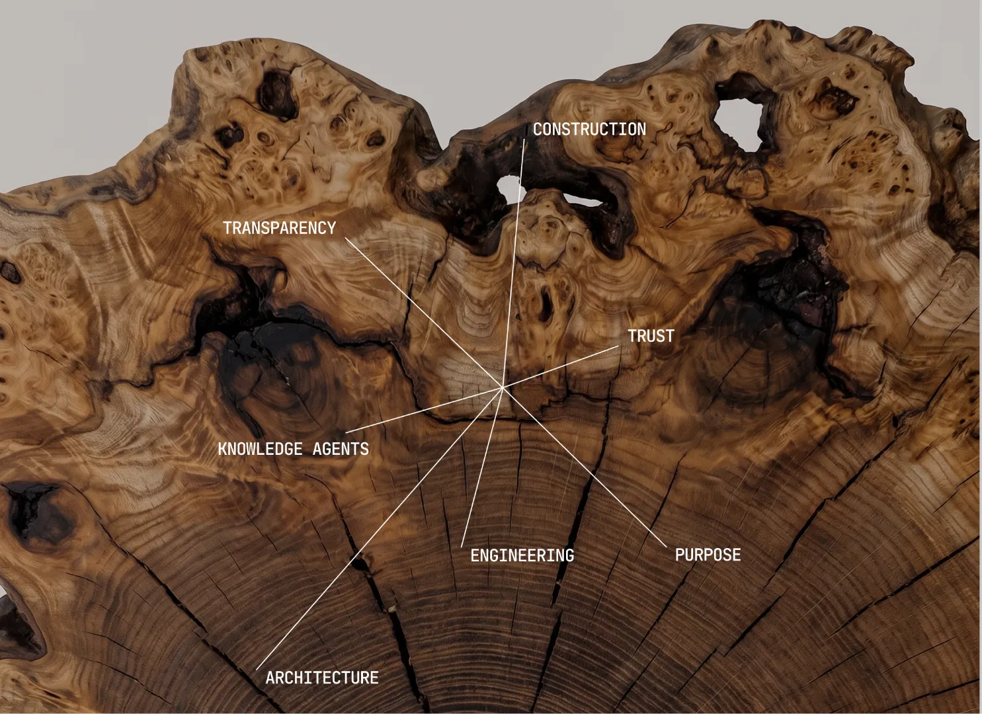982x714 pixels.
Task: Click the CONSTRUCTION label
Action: (x=589, y=130)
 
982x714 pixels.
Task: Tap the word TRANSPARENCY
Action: (x=279, y=228)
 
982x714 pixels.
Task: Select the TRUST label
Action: (x=651, y=337)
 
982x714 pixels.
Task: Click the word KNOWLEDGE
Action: (x=260, y=449)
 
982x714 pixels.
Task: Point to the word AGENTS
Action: (x=341, y=449)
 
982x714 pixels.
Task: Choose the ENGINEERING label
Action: (x=522, y=555)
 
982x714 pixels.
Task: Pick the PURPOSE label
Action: (x=708, y=555)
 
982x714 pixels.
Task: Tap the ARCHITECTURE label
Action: (x=322, y=678)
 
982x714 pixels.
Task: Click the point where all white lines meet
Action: (x=502, y=387)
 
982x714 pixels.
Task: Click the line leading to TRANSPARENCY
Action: (x=423, y=313)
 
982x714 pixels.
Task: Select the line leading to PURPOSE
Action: (x=584, y=467)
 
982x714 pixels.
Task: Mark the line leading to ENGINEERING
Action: (x=482, y=467)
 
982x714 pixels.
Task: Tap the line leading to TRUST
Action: (x=560, y=367)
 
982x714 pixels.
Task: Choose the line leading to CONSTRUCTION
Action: (x=513, y=263)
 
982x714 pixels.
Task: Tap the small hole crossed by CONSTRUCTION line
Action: (x=509, y=188)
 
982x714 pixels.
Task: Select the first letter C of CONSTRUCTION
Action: (x=538, y=130)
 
